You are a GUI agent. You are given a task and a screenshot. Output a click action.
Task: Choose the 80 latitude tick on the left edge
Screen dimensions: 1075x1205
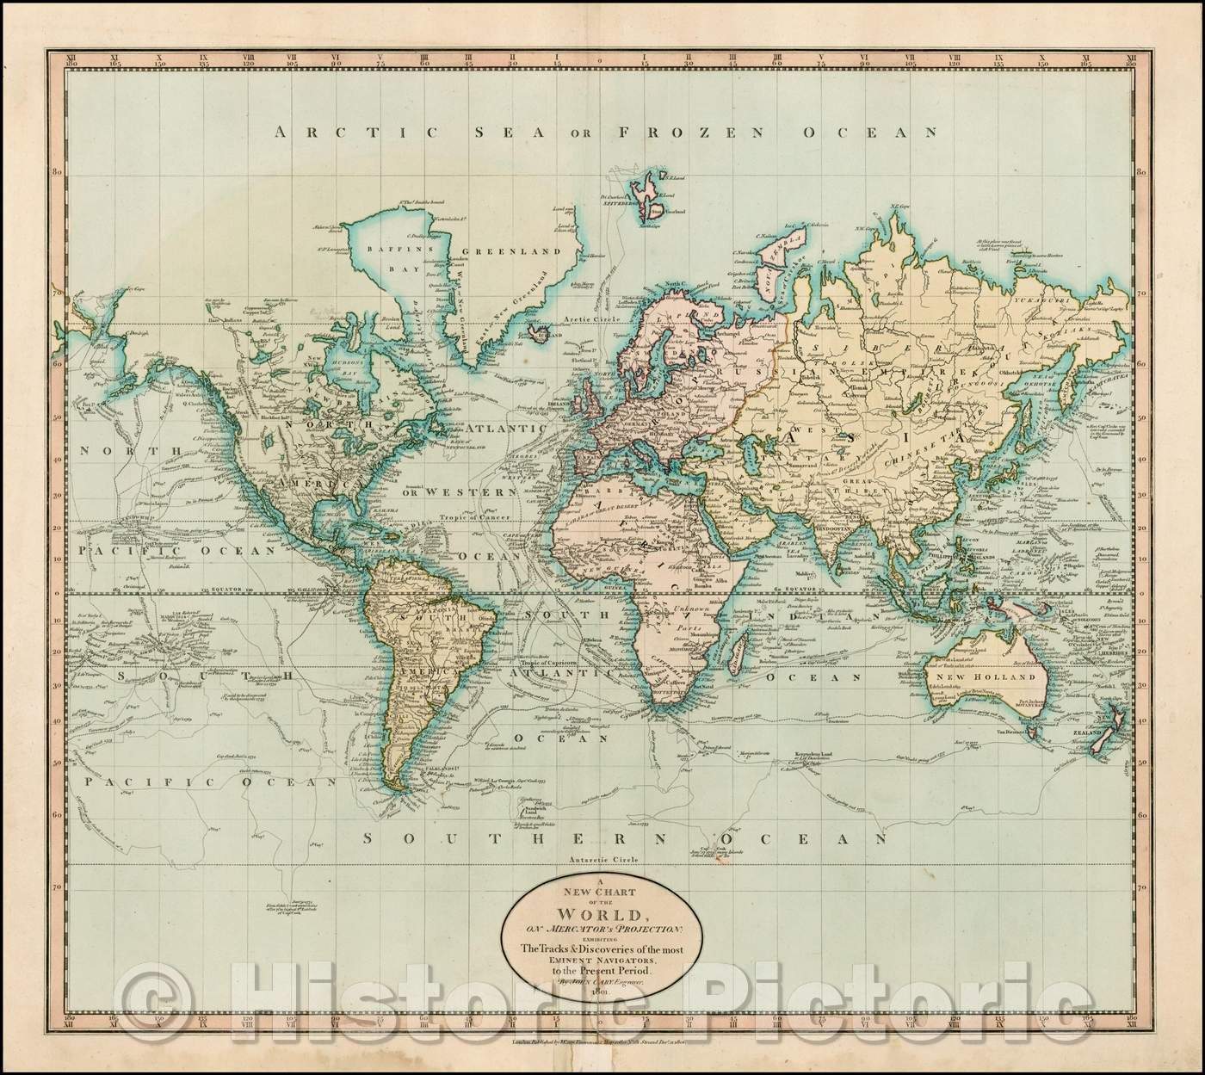point(56,171)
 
